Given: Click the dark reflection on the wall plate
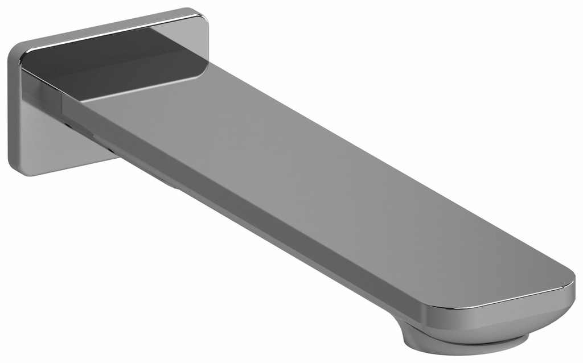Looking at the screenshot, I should point(114,63).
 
